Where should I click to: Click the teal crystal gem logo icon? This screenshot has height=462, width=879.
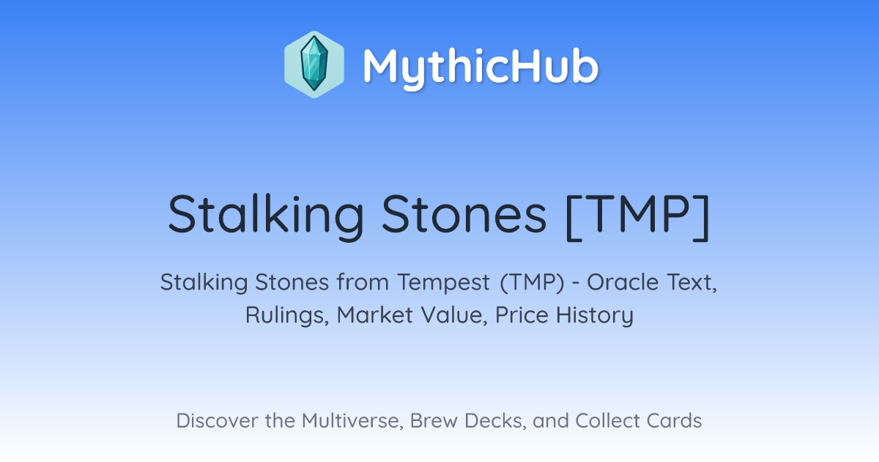point(314,65)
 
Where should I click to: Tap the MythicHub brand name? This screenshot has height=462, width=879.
point(481,67)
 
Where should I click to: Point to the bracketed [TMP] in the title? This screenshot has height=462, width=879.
point(638,217)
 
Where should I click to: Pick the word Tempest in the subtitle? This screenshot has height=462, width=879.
point(443,282)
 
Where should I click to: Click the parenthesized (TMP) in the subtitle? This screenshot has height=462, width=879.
point(533,282)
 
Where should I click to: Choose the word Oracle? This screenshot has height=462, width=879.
point(623,282)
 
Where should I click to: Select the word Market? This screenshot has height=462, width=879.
point(375,315)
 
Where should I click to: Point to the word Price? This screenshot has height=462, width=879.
point(522,315)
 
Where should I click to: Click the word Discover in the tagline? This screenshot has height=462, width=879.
point(216,420)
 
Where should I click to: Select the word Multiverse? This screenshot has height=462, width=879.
point(353,421)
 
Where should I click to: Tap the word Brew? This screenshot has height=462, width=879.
point(434,420)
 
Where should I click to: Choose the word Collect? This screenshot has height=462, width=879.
point(607,420)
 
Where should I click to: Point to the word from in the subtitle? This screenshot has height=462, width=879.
point(363,282)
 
